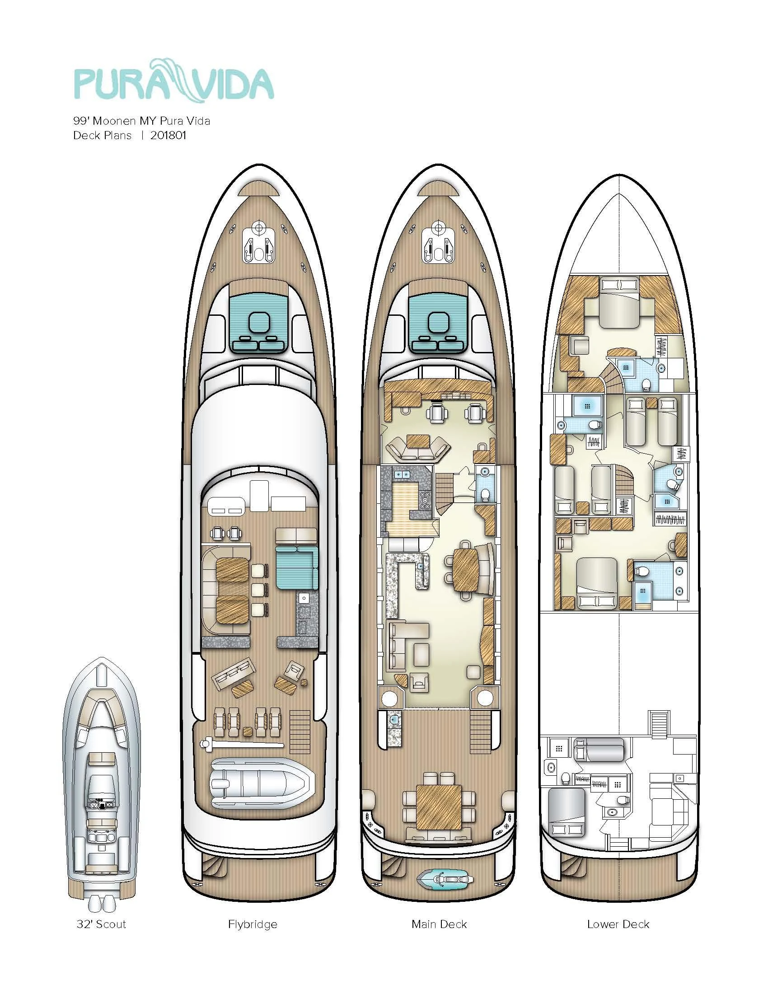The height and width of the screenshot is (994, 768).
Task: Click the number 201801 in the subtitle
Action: coord(168,135)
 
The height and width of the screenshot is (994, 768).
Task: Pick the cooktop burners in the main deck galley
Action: coord(426,500)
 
